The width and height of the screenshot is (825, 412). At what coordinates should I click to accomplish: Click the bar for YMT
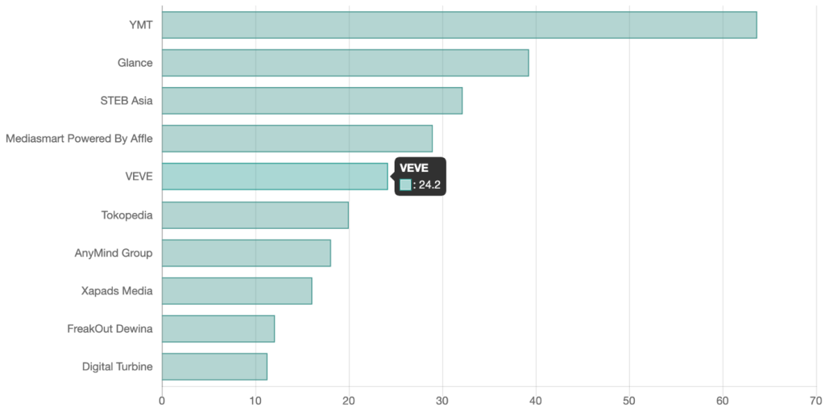[x=459, y=25]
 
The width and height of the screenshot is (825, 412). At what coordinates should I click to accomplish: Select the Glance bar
[x=346, y=63]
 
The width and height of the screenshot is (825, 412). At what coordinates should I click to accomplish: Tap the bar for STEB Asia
[x=312, y=101]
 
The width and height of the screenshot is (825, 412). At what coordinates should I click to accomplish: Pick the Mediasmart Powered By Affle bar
[x=297, y=139]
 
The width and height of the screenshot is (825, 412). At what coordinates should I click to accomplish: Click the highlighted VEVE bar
[x=275, y=177]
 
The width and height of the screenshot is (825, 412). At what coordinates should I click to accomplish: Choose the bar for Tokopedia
[x=255, y=215]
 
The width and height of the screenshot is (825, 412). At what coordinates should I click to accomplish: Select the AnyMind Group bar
[x=247, y=253]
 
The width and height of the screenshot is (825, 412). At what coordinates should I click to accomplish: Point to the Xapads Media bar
[x=237, y=291]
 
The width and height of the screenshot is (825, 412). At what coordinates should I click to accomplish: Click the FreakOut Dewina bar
[x=218, y=329]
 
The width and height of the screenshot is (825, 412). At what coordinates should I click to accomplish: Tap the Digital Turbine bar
[x=214, y=367]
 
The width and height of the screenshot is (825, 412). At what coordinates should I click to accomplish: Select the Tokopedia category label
[x=126, y=215]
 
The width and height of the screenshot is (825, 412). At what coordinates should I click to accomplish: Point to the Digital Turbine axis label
[x=117, y=367]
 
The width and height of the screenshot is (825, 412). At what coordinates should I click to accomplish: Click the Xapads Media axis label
[x=117, y=291]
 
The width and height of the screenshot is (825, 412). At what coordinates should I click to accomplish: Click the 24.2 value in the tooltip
[x=429, y=185]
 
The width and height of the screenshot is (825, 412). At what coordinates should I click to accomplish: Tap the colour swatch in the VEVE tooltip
[x=405, y=185]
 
